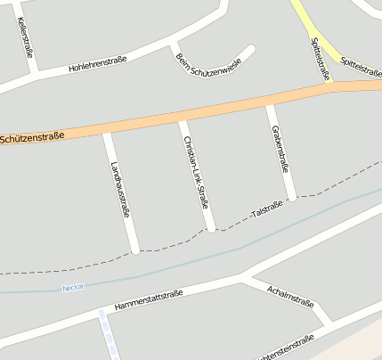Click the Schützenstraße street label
33,137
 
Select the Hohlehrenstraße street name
97,65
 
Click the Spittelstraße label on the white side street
320,59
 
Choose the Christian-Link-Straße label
195,172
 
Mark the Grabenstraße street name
279,148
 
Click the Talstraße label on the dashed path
267,209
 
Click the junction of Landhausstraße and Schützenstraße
107,132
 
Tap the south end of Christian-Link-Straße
211,229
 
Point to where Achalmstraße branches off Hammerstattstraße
242,280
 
